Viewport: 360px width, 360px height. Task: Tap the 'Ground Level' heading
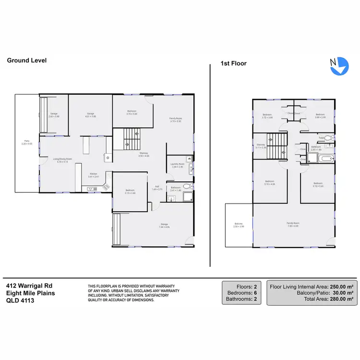26,60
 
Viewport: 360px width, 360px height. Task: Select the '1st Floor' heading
233,63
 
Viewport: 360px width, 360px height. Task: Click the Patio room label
20,142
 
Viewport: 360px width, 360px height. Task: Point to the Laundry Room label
177,165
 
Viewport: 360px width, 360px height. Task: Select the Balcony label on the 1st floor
239,225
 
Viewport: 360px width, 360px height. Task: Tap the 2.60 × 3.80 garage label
53,115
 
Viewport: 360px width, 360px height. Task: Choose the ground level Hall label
157,188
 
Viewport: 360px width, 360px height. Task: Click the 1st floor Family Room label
293,224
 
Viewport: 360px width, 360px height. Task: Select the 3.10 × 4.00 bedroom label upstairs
269,183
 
